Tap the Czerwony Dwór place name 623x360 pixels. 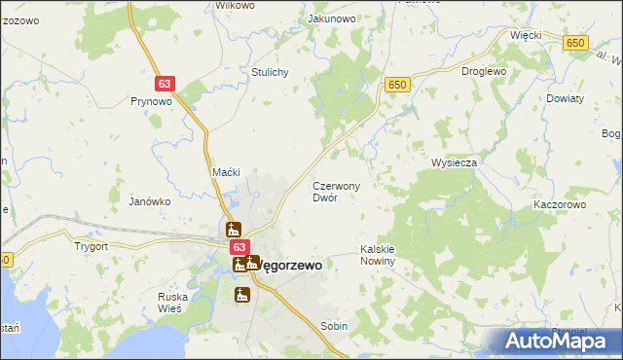click(x=336, y=191)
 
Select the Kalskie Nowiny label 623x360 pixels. click(x=377, y=255)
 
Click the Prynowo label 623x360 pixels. click(x=151, y=100)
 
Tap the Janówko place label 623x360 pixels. click(x=150, y=201)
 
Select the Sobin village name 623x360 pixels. click(x=334, y=327)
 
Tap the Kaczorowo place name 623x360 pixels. click(x=559, y=205)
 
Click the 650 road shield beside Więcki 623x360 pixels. click(x=576, y=43)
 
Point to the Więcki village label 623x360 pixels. click(x=526, y=35)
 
